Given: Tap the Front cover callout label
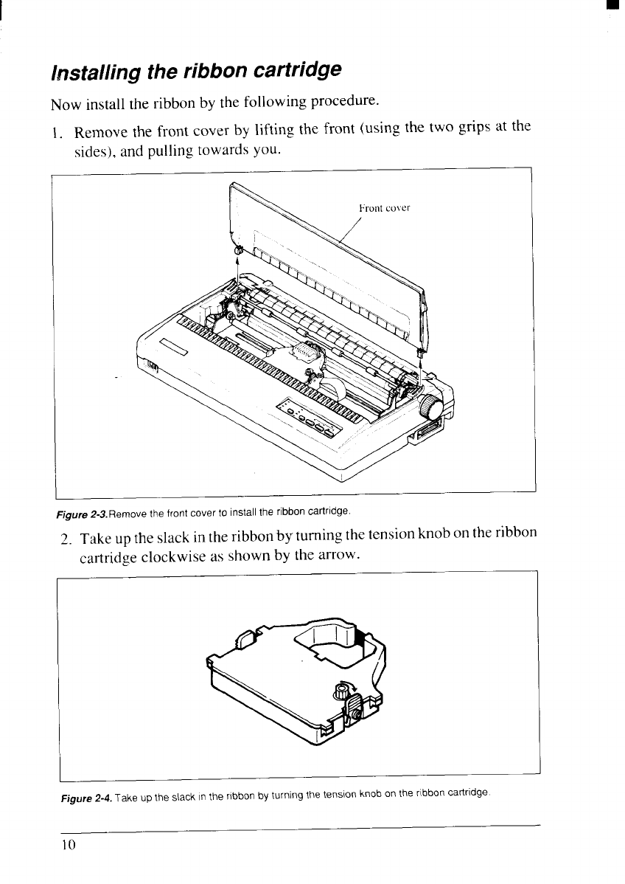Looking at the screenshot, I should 383,208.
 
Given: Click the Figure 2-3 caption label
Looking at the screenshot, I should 75,509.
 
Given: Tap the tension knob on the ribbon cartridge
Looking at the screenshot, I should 341,691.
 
